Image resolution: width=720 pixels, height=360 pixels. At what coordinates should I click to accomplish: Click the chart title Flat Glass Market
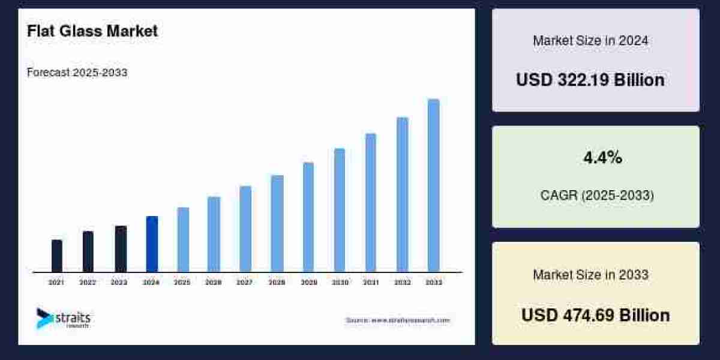(92, 31)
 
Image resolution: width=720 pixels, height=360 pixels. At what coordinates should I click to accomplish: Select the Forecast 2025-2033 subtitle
(77, 73)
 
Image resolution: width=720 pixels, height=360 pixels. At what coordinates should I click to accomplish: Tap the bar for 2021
(57, 256)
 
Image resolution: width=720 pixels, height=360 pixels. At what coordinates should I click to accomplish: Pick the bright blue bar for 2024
(152, 244)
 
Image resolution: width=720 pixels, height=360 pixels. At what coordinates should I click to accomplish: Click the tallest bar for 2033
(433, 185)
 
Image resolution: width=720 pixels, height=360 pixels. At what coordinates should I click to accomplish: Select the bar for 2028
(277, 223)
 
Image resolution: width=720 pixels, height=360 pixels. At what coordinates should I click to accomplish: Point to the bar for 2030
(340, 210)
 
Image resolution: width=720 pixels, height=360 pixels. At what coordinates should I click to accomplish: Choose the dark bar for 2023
(121, 249)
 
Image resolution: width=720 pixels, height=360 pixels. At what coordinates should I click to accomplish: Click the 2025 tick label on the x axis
(182, 282)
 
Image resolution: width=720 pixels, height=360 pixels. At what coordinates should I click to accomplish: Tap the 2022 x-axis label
(88, 282)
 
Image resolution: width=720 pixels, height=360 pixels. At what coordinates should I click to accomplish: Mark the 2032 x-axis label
(402, 282)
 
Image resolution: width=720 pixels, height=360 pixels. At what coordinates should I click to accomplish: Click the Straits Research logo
(63, 319)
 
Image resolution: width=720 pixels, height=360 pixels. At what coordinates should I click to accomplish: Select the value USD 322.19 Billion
(590, 80)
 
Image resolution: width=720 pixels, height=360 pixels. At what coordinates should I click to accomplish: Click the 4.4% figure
(602, 158)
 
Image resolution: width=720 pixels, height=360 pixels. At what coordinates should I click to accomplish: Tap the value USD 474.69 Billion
(595, 315)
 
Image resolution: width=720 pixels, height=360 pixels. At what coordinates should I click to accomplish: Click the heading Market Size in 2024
(590, 41)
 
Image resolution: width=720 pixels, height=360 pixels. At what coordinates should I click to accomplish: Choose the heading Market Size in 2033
(590, 275)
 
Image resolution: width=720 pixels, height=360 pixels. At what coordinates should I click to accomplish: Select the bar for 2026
(214, 234)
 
